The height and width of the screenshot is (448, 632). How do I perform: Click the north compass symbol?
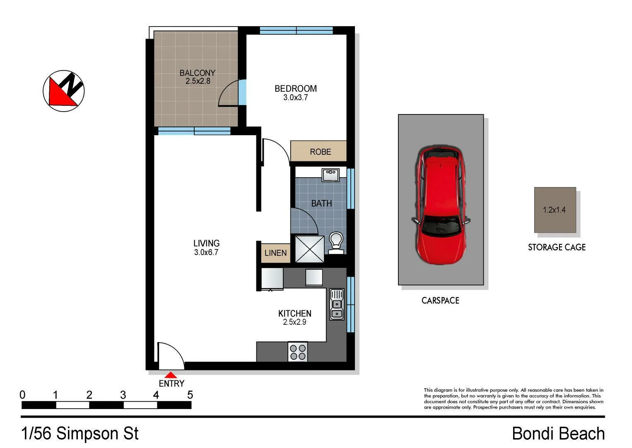tap(64, 91)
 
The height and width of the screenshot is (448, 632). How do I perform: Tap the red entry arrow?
tap(171, 375)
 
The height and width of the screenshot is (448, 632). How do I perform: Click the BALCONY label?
tap(197, 73)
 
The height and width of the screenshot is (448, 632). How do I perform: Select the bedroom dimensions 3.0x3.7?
tap(295, 98)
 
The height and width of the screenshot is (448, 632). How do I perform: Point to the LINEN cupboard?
tap(275, 253)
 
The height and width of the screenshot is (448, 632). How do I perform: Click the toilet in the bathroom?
tap(336, 242)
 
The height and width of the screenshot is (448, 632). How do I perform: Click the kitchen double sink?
tap(337, 304)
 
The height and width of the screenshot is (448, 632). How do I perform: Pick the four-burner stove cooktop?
tap(298, 352)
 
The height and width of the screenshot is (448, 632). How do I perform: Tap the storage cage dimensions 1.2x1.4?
tap(554, 210)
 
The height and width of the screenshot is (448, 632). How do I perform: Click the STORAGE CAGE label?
tap(557, 247)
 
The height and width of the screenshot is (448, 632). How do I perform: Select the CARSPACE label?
tap(440, 300)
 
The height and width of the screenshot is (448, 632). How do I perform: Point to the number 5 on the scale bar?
tap(190, 395)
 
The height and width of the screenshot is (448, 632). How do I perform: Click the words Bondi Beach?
tap(558, 433)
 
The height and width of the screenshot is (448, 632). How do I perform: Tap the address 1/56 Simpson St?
tap(80, 433)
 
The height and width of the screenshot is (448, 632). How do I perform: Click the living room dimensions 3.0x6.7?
tap(206, 252)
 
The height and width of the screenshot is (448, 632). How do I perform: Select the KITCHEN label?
tap(294, 313)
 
